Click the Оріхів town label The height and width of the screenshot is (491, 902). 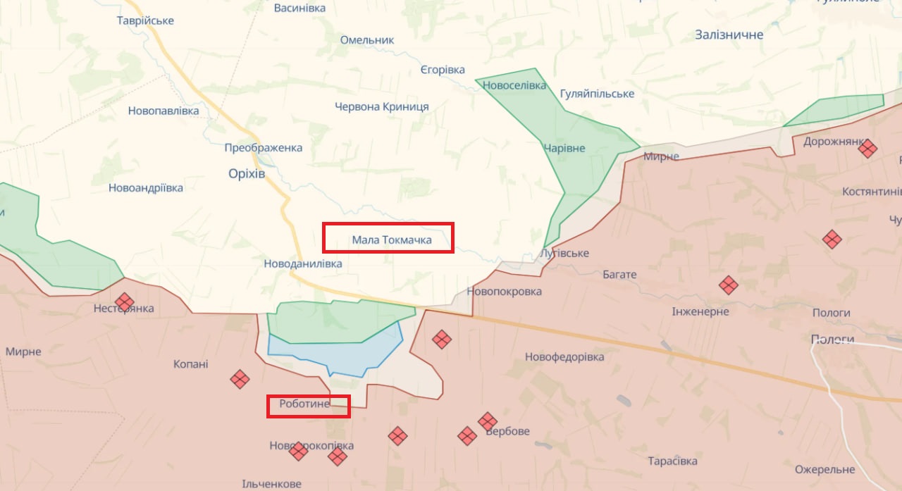(247, 173)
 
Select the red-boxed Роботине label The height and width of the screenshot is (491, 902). (308, 406)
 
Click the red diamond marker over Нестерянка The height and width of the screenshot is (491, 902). (125, 302)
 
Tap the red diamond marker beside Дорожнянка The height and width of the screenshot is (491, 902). (867, 149)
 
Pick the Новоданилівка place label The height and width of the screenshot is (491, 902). (302, 263)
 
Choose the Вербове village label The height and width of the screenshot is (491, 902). (507, 431)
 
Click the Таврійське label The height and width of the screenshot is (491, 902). (145, 20)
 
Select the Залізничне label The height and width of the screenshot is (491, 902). (729, 35)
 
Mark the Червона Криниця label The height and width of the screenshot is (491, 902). (381, 106)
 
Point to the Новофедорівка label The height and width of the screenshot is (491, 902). (564, 357)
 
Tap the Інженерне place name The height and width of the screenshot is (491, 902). (700, 311)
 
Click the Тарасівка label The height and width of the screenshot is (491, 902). (672, 461)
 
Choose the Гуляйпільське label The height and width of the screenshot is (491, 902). (597, 94)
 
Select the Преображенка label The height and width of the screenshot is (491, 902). (263, 147)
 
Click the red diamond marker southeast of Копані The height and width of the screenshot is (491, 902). (240, 379)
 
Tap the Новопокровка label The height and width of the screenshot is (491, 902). (504, 291)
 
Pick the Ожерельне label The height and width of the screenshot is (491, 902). (824, 469)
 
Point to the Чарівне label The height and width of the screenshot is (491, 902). (564, 148)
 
